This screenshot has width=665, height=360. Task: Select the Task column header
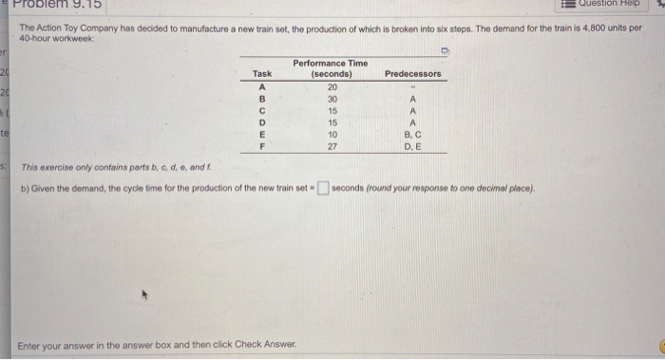(262, 73)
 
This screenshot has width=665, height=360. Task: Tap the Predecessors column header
(413, 73)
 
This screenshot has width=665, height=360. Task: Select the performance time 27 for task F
(331, 147)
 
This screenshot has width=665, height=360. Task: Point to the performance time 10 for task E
(331, 135)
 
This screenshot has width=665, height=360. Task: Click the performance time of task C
(331, 109)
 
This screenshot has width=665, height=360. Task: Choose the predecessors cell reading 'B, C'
(412, 135)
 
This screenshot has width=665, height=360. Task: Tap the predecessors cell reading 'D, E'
(412, 147)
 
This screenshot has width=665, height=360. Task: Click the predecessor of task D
(412, 122)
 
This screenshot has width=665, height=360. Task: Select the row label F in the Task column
(262, 147)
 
